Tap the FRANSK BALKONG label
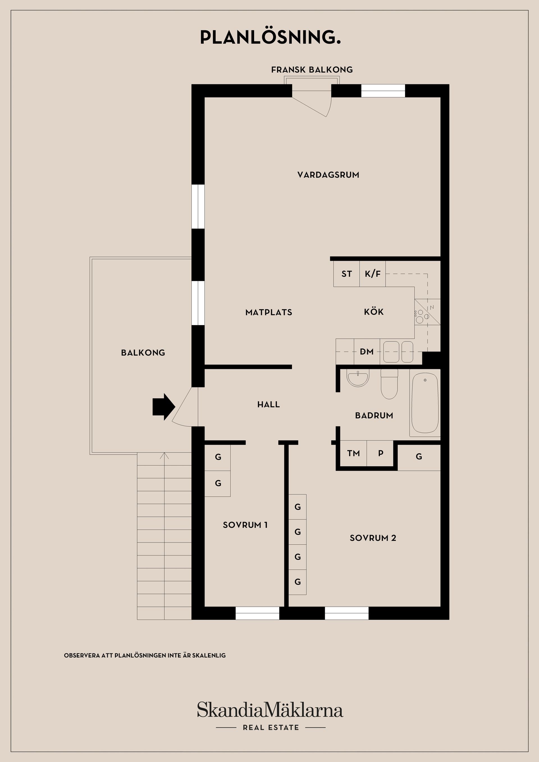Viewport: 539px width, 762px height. tap(312, 70)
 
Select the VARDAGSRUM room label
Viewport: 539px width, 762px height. tap(328, 175)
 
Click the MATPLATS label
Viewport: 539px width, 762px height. tap(269, 312)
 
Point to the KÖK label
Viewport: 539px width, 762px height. tap(374, 312)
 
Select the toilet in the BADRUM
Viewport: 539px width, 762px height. tap(389, 384)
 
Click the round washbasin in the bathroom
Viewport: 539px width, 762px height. tap(358, 378)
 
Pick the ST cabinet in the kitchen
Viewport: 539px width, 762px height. tap(346, 274)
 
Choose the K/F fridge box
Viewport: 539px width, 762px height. tap(372, 274)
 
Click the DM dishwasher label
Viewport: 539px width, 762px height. tap(367, 352)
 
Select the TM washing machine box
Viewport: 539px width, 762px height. tap(353, 453)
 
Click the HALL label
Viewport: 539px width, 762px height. tap(268, 405)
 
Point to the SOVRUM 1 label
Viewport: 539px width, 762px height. tap(245, 525)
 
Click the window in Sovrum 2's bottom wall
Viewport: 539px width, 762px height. tap(346, 613)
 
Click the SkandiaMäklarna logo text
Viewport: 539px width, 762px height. tap(270, 710)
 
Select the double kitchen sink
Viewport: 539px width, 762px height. tap(398, 352)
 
